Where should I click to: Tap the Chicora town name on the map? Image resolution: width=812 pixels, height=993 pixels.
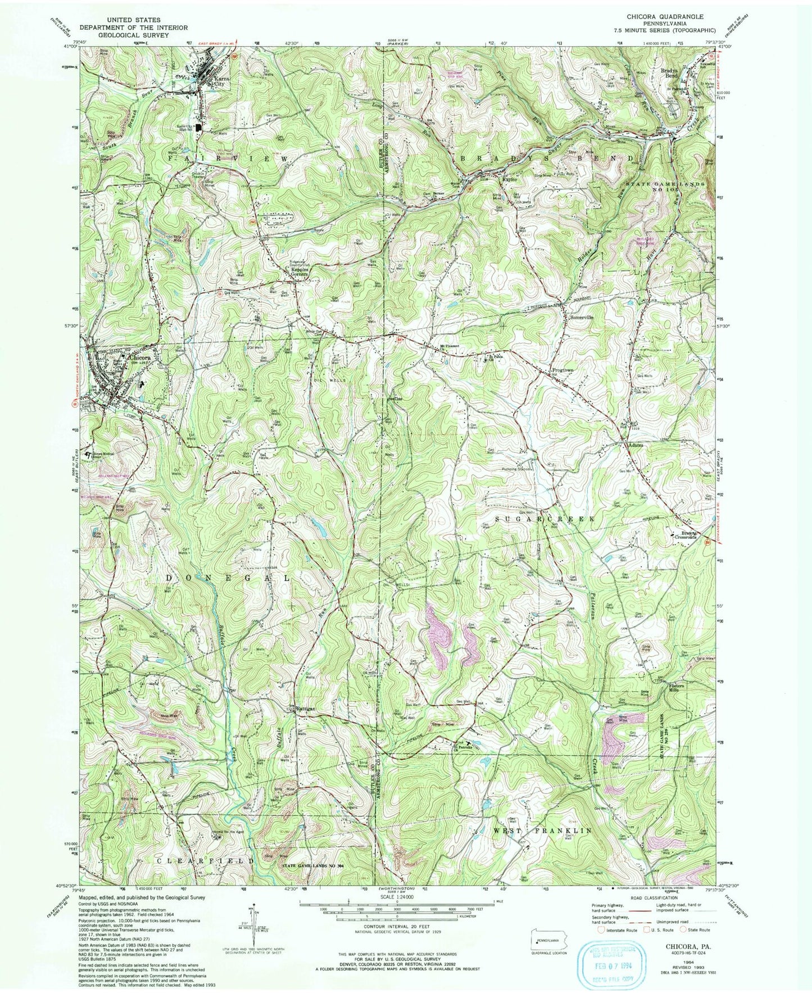click(x=140, y=357)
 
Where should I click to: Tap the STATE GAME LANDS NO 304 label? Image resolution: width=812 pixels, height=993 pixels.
click(x=316, y=865)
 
